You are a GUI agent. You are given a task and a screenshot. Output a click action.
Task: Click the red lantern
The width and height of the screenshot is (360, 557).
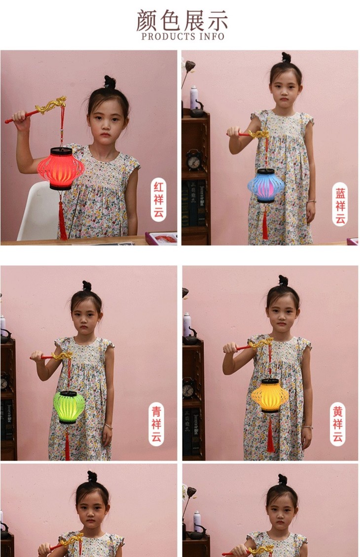pos(61,169)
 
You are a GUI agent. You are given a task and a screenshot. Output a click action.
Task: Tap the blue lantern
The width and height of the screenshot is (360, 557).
pos(266,185)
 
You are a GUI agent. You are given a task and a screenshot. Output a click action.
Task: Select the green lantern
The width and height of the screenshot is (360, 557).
pos(69,407)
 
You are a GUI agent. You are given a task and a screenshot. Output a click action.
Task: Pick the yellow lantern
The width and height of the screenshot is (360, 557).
pos(270,396)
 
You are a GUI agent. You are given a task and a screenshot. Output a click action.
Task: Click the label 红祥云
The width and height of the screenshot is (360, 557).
pos(158,200)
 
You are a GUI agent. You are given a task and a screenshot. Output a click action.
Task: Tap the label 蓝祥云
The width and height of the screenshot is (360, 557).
pos(340,206)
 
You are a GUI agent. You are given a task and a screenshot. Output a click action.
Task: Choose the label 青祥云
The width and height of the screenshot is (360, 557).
pos(156,424)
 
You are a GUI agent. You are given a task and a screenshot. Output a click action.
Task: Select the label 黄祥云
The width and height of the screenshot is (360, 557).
pos(337,424)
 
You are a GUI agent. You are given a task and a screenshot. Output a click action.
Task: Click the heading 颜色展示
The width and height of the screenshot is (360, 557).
pos(182,21)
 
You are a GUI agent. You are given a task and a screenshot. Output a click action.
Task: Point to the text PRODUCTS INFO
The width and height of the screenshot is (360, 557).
pos(182,36)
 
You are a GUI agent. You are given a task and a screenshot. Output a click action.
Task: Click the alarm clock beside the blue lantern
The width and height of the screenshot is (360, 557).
pos(194,160)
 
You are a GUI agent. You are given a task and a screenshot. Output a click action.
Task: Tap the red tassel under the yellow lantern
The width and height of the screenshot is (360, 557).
pos(270,436)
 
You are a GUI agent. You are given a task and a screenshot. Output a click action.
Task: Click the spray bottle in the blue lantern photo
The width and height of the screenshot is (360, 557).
pos(194,98)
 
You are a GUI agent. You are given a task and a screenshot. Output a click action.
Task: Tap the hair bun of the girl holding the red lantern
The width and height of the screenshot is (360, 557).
pos(109,82)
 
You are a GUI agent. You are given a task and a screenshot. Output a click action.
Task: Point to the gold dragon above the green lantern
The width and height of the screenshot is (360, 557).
pos(62,355)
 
